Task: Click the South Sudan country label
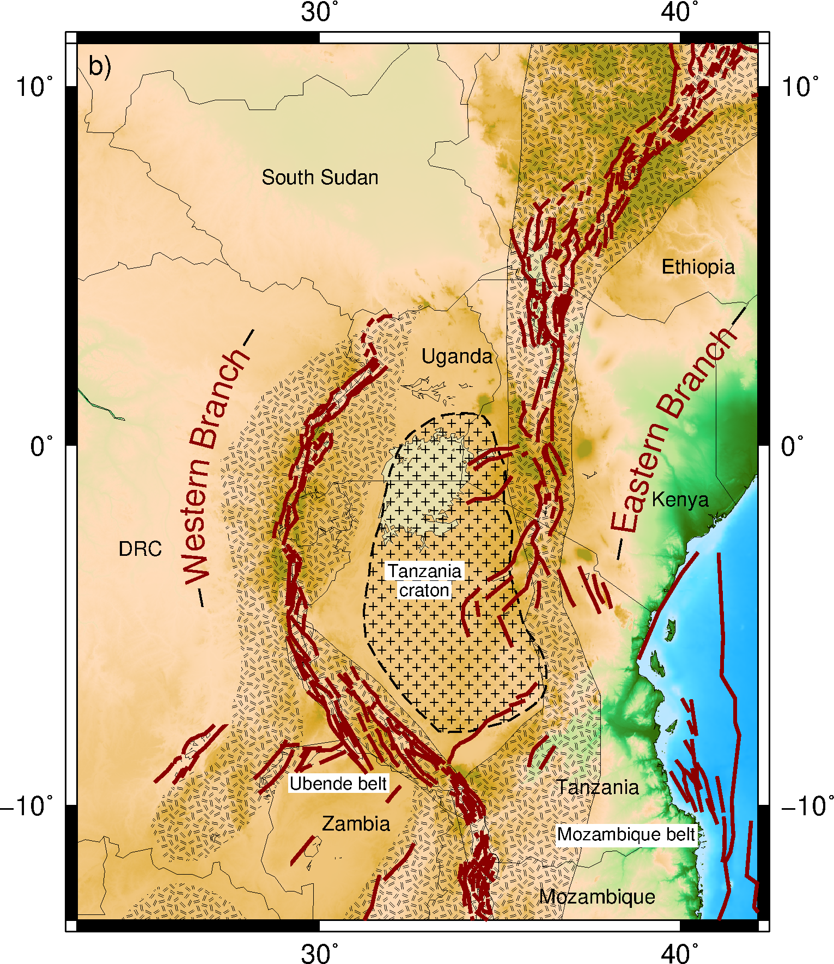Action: tap(320, 178)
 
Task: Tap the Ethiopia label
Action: tap(698, 267)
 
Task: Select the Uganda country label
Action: tap(456, 356)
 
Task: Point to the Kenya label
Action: tap(680, 499)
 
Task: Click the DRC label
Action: tap(140, 549)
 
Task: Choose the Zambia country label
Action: tap(356, 823)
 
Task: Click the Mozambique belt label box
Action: tap(626, 834)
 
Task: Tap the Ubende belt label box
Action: tap(338, 784)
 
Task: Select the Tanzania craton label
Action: tap(424, 580)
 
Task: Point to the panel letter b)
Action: tap(100, 66)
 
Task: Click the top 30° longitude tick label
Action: tap(319, 12)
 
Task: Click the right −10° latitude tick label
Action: tap(807, 805)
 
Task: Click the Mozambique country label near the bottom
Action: tap(597, 896)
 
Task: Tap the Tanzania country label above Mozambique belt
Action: tap(597, 787)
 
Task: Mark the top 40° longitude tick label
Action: tap(679, 12)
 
